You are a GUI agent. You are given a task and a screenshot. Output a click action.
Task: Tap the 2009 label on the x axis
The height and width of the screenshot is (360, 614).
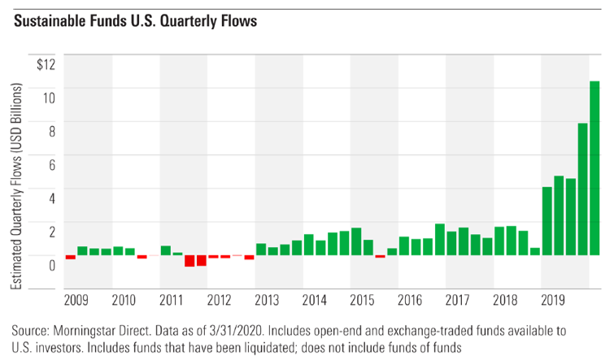coord(76,301)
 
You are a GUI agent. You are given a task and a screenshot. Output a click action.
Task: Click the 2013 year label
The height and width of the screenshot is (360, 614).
coord(267,301)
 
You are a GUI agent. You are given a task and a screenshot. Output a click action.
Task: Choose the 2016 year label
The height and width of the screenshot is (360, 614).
coord(409,301)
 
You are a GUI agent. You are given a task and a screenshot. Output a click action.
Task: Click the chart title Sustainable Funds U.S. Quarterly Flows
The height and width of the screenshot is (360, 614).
coord(135,21)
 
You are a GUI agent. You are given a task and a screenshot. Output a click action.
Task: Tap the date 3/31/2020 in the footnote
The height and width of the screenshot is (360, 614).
coord(253,332)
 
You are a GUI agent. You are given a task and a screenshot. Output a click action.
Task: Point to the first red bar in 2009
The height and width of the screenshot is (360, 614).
coord(71,257)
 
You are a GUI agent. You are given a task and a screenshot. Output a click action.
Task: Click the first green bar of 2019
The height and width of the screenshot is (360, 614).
coord(547,221)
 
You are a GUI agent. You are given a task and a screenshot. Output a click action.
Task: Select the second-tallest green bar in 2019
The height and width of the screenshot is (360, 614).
coord(582,189)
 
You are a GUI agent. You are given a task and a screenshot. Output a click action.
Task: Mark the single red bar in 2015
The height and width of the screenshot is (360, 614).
coord(380,256)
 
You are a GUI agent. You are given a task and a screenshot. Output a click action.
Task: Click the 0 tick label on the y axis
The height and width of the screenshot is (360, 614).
coord(50,264)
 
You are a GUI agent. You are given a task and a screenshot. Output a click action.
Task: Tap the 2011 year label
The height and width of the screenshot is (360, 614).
coord(172,301)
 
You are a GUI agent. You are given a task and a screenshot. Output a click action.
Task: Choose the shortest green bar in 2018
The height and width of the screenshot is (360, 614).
coord(535,251)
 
